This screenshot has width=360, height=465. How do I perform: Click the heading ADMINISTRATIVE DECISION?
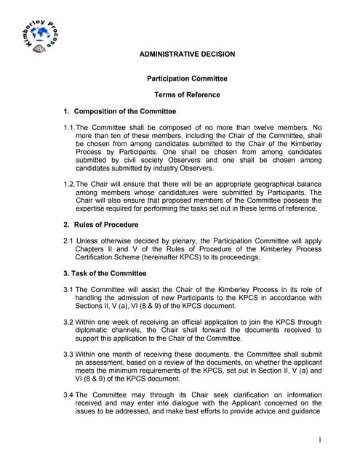186,54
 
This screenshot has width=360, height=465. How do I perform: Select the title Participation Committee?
187,78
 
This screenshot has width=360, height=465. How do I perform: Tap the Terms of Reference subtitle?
187,95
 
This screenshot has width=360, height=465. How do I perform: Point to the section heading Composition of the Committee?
125,111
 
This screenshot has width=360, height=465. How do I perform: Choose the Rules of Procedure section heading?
105,225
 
